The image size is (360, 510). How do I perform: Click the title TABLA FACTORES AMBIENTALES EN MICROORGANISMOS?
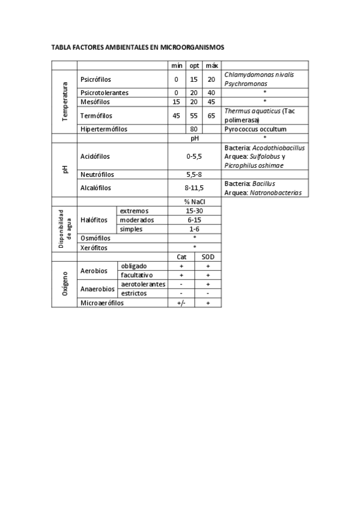click(x=138, y=46)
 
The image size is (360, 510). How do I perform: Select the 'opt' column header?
click(x=194, y=65)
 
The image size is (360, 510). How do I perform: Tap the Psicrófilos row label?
click(x=96, y=79)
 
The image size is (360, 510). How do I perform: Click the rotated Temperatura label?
click(x=64, y=102)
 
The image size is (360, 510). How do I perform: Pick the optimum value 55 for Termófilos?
click(x=194, y=115)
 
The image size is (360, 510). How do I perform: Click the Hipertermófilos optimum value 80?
click(x=194, y=129)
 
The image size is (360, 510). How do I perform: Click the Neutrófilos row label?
click(x=97, y=174)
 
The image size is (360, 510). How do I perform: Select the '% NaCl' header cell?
click(x=195, y=201)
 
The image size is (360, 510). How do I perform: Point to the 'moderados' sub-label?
click(x=137, y=220)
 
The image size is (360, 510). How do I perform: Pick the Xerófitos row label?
click(x=94, y=247)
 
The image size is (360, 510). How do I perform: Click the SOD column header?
click(x=208, y=256)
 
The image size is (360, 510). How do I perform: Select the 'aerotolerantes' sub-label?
click(x=143, y=284)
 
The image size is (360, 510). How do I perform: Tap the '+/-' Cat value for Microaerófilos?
click(x=182, y=303)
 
